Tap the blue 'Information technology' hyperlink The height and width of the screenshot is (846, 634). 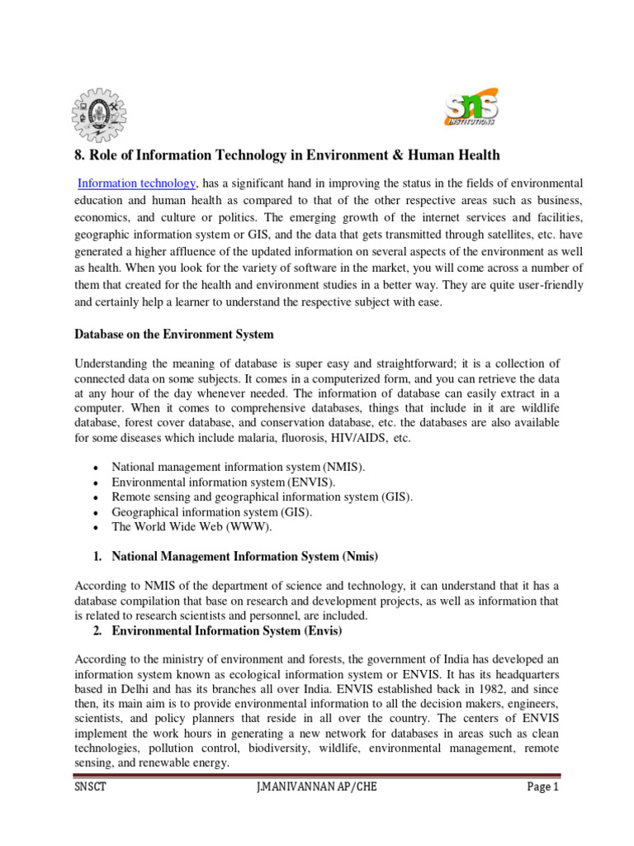pos(136,183)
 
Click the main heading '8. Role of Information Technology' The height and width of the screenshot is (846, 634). pos(287,155)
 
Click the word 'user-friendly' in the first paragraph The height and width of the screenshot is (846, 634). pos(549,285)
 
